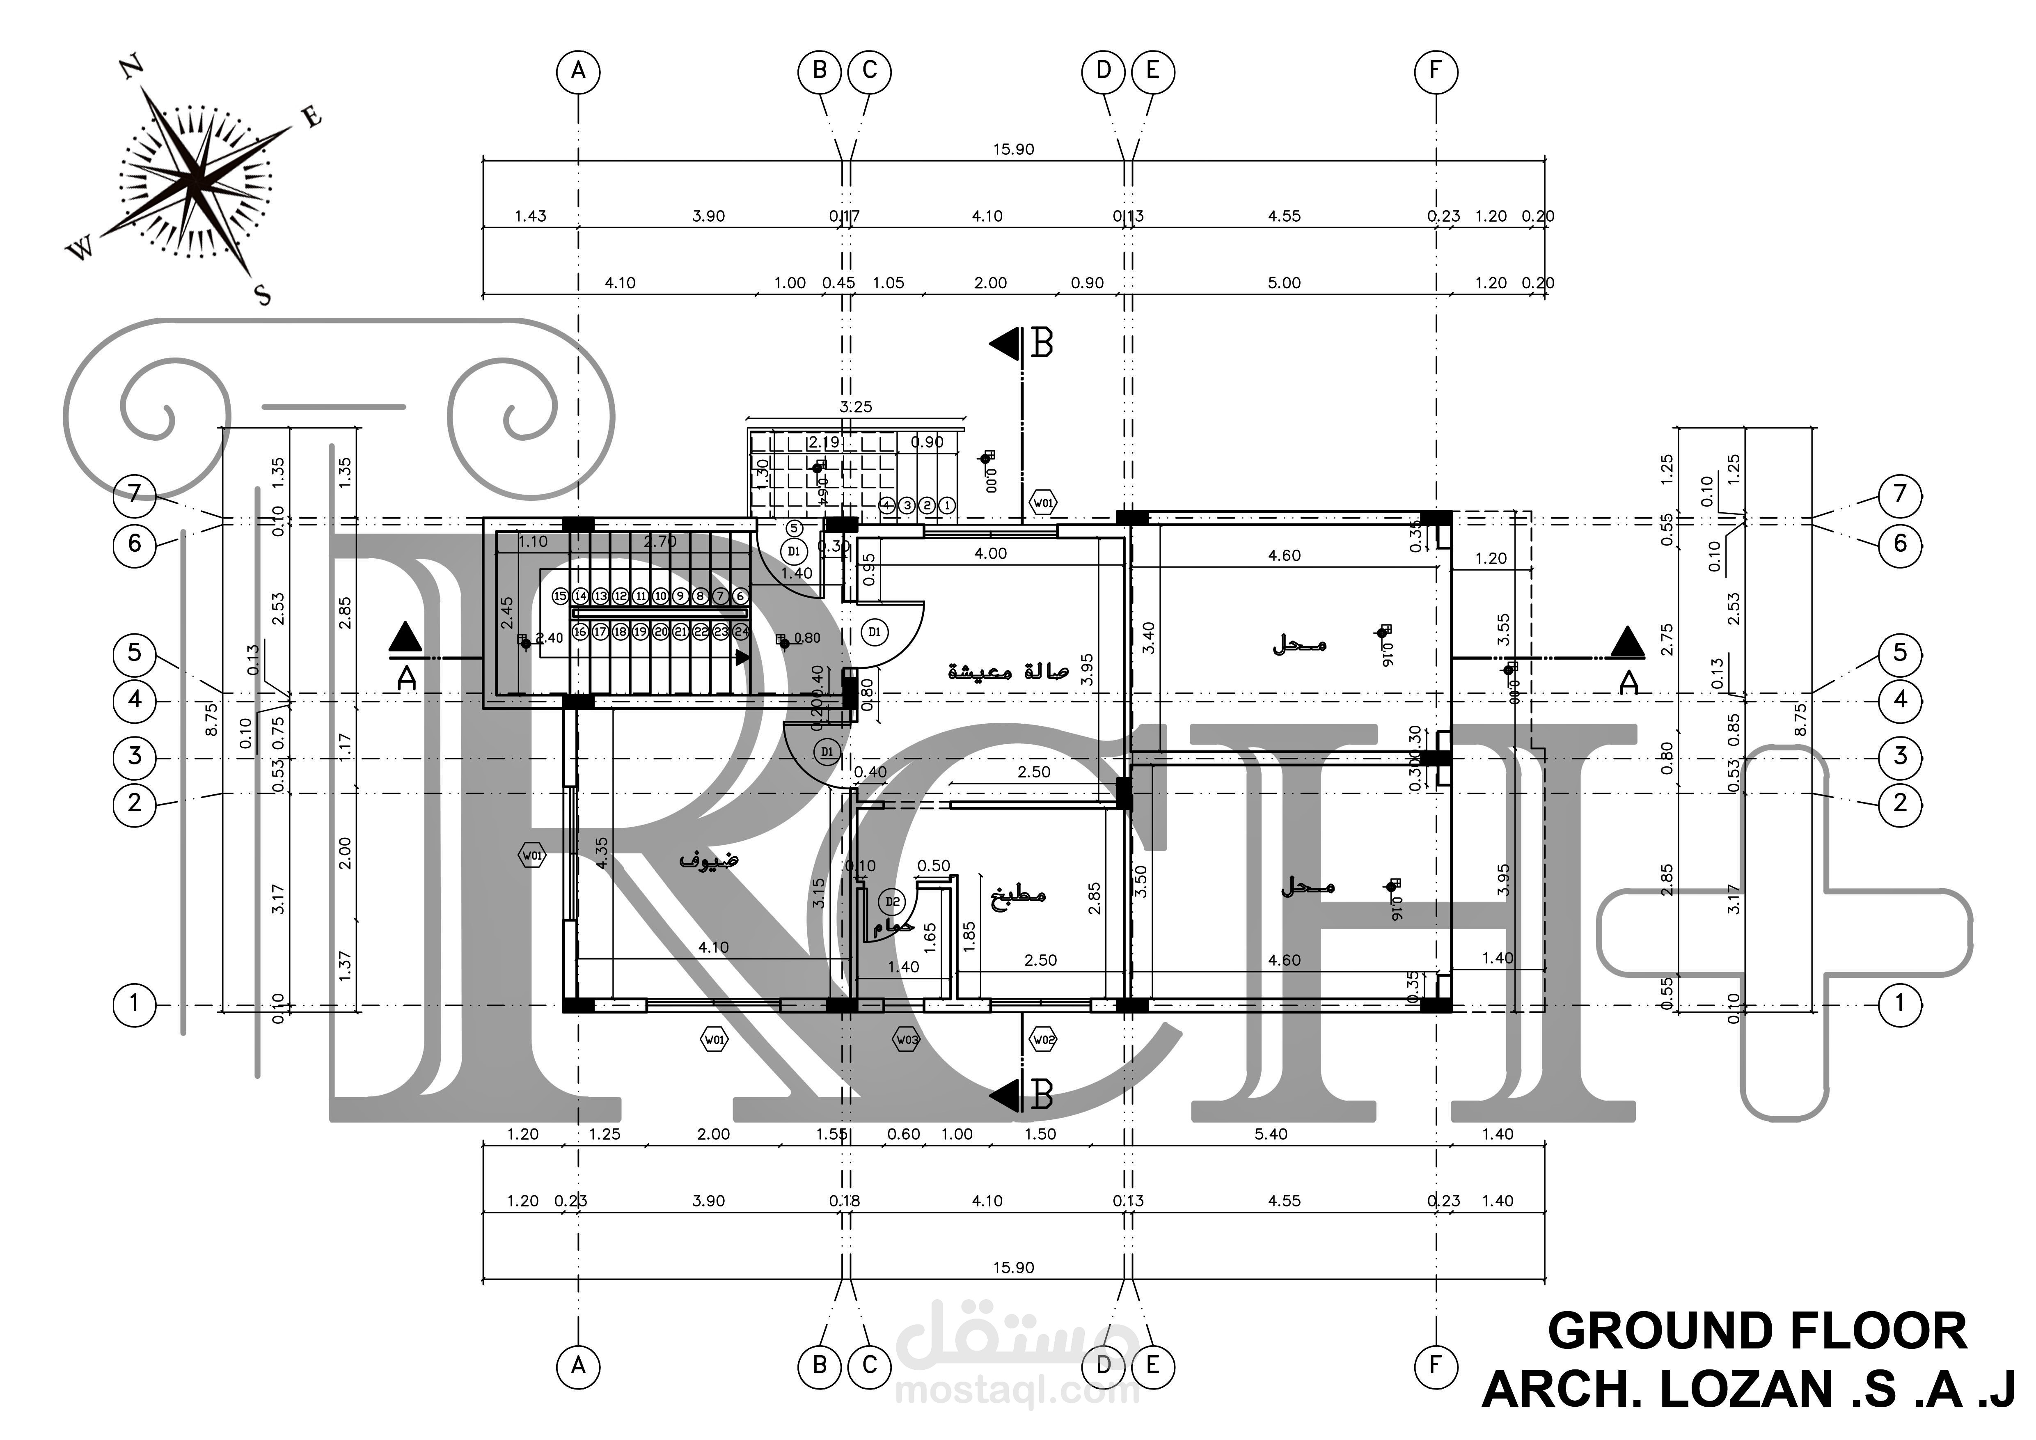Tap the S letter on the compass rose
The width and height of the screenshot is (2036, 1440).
[263, 295]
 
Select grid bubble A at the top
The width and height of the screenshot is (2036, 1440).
[578, 71]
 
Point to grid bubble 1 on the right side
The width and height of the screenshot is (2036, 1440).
[1899, 1004]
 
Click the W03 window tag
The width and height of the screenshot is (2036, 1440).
[906, 1039]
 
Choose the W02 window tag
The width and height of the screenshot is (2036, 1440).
[1044, 1039]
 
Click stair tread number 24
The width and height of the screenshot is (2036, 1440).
[741, 632]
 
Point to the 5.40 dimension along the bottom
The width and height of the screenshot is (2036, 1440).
[1271, 1134]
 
